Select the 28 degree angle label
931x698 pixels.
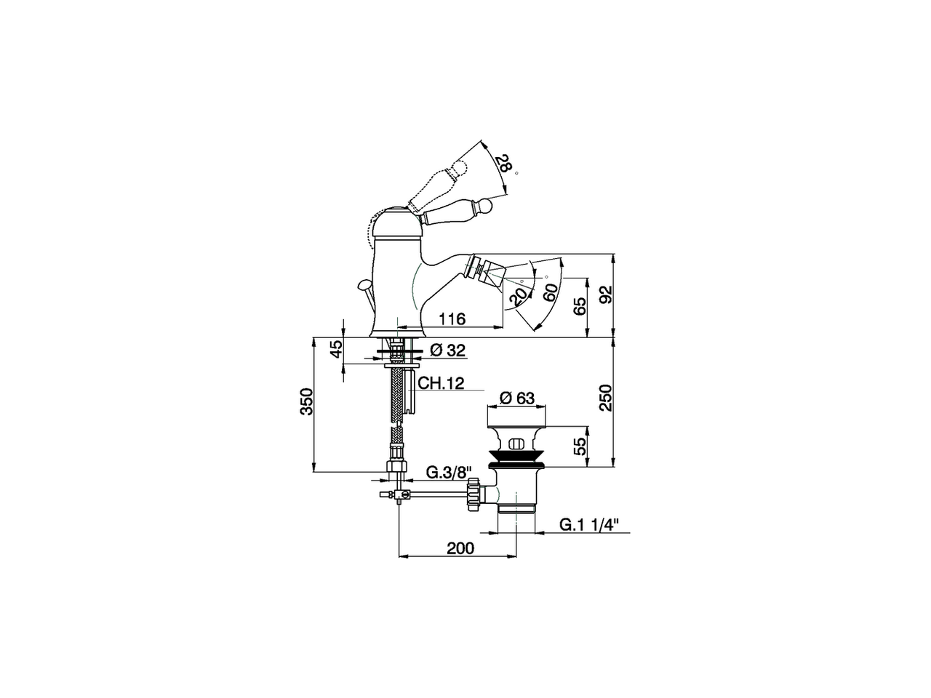coord(502,164)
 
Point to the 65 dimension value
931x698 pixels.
coord(579,306)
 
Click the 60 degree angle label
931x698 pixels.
coord(550,292)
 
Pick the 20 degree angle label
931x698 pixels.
coord(518,296)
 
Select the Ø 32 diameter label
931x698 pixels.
coord(447,350)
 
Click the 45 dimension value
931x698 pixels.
coord(335,349)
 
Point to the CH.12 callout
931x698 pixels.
coord(441,384)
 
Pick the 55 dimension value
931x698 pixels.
coord(579,445)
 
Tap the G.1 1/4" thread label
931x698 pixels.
coord(589,524)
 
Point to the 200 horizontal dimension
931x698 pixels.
coord(459,547)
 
